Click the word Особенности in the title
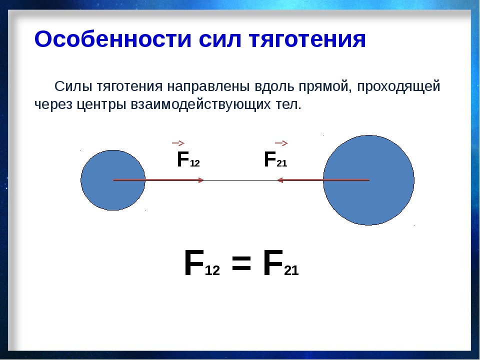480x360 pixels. [x=113, y=39]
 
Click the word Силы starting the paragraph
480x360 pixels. [x=73, y=86]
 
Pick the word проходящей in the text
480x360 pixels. [x=398, y=87]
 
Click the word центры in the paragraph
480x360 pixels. [x=101, y=105]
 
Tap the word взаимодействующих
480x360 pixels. [x=201, y=104]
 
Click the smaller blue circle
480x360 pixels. [x=113, y=180]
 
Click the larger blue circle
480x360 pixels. [x=369, y=180]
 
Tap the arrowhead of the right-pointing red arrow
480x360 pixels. [x=201, y=180]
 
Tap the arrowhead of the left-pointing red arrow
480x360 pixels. [x=280, y=180]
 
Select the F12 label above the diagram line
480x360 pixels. [x=188, y=159]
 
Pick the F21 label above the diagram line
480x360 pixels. [x=275, y=159]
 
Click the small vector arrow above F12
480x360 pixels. [x=178, y=143]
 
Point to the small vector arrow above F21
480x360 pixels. [x=281, y=143]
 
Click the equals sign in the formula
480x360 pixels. [x=241, y=263]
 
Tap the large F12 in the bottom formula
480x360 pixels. [x=202, y=263]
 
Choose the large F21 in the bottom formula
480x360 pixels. [x=280, y=263]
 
